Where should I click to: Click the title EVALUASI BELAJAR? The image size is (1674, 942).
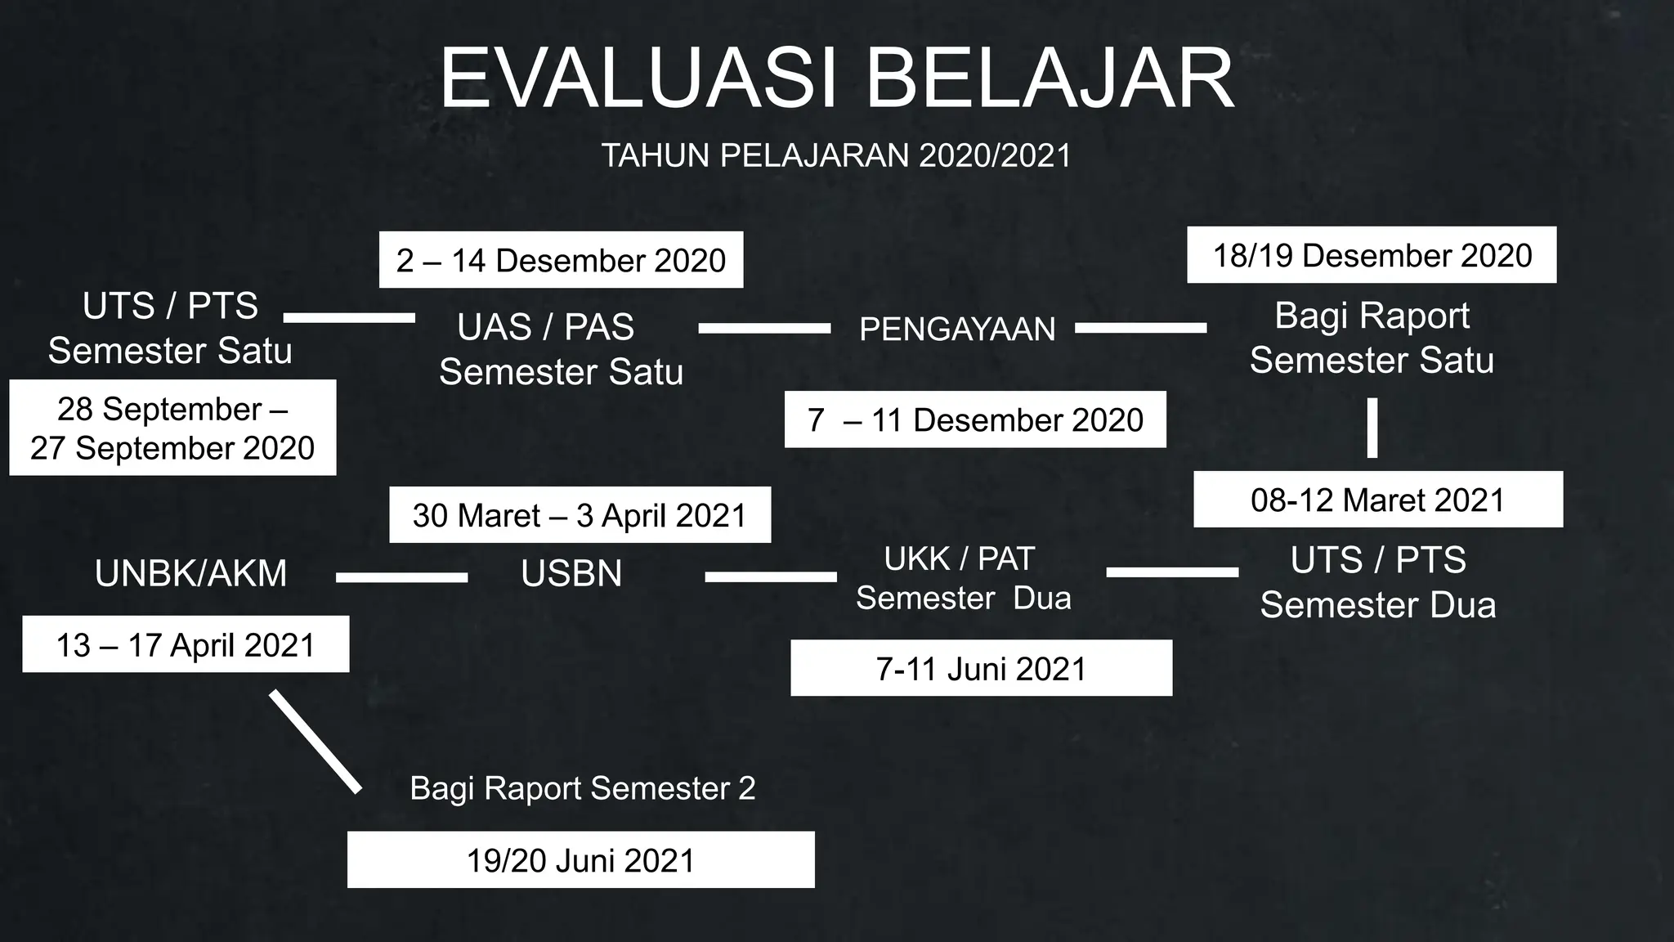click(836, 79)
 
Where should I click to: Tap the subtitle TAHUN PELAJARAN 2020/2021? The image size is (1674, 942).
click(836, 155)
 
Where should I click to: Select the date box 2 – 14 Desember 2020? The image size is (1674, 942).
click(561, 260)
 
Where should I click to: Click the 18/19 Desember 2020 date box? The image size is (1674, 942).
click(1372, 255)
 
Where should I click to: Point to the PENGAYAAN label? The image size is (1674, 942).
click(957, 329)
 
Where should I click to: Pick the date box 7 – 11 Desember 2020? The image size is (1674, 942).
click(975, 419)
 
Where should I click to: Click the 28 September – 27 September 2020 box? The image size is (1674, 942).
click(172, 428)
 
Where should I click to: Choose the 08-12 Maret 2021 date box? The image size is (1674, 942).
click(1378, 500)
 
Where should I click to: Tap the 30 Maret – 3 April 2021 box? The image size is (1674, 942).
click(580, 515)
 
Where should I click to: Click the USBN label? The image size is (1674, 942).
click(571, 573)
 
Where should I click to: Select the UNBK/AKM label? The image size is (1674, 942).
click(191, 573)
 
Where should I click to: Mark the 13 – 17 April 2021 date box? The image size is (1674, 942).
click(186, 644)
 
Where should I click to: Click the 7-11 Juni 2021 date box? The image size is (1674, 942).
click(981, 668)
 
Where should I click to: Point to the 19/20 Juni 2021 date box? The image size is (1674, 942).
click(580, 860)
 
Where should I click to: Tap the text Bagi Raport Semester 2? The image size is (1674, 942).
click(582, 788)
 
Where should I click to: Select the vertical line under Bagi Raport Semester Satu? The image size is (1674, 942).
click(1372, 428)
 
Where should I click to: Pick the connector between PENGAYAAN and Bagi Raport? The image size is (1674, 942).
click(1140, 328)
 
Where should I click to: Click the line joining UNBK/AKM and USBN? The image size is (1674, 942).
click(401, 577)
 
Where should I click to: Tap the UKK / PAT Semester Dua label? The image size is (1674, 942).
click(963, 578)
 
